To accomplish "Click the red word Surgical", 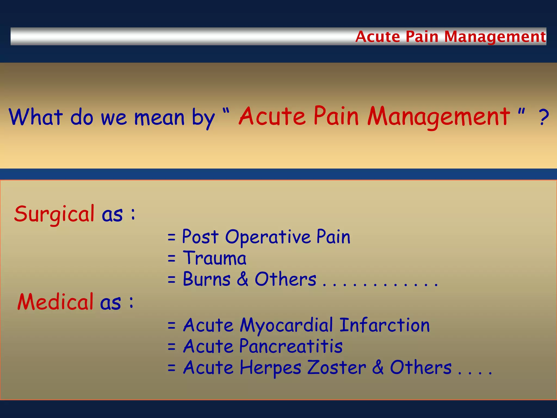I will point(54,214).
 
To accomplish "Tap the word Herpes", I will point(270,368).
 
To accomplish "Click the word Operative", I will point(268,237).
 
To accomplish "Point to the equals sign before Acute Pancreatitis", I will point(172,347).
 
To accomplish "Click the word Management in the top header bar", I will point(495,37).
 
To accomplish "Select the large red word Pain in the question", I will point(336,116).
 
